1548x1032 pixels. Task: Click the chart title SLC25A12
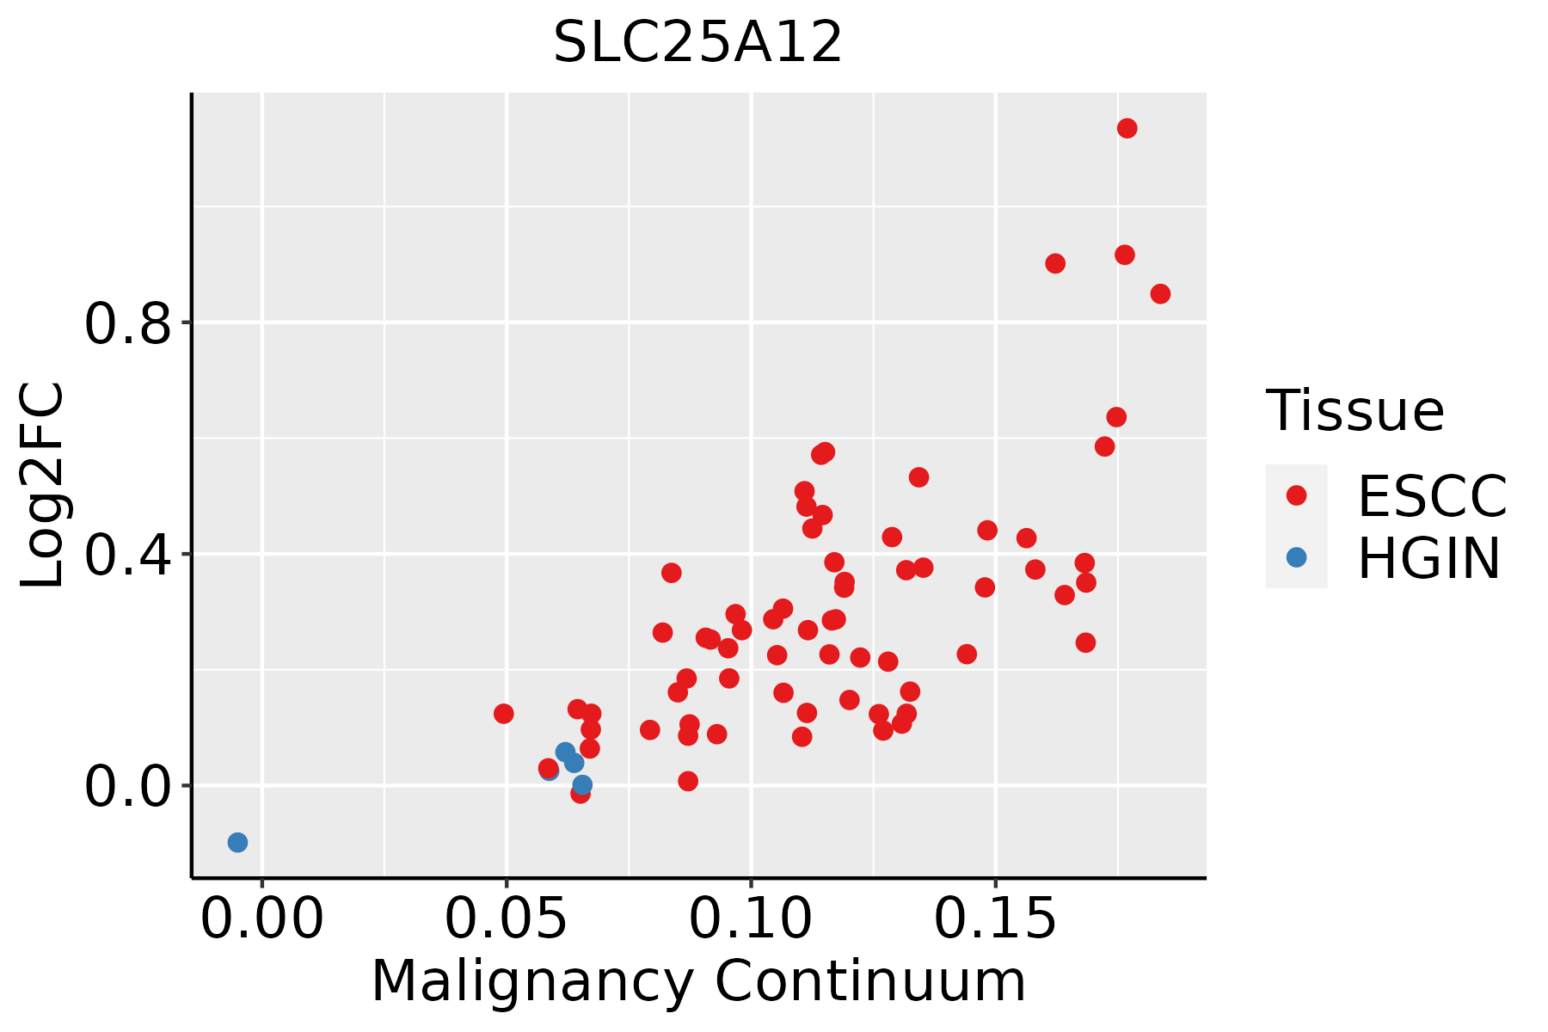click(697, 42)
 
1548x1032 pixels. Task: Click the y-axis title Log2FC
click(42, 486)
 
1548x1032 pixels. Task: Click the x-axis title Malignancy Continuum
click(698, 981)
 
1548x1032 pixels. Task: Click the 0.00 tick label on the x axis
click(262, 918)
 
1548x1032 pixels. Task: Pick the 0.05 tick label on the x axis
click(507, 918)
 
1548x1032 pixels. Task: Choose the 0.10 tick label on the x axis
click(751, 918)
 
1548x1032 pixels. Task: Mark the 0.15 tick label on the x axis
click(995, 918)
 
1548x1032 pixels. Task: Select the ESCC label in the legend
click(1432, 496)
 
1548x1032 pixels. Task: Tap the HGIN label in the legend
click(1428, 558)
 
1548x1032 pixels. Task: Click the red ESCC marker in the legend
click(1296, 495)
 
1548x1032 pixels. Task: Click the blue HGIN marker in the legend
click(1296, 557)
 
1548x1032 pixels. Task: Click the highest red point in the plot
click(1127, 128)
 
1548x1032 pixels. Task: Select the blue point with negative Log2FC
click(237, 842)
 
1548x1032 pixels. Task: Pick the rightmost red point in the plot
click(1160, 294)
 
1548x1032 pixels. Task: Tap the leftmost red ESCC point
click(504, 713)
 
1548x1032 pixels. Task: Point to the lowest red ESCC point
click(580, 793)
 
